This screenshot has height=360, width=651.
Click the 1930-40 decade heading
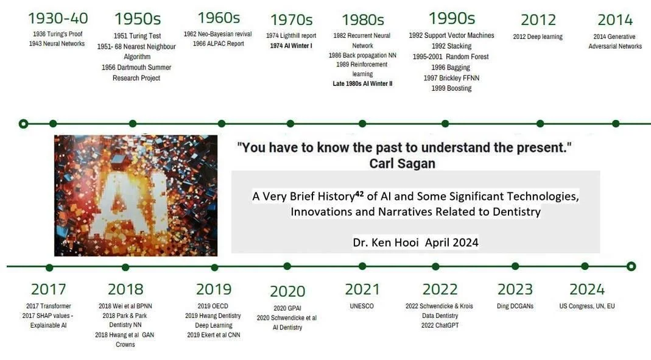[x=58, y=18]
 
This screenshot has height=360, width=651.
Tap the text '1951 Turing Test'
[x=137, y=36]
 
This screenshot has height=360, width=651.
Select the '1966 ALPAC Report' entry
[x=219, y=44]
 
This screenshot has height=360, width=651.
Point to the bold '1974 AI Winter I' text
[x=291, y=46]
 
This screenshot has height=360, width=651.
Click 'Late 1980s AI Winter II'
[x=362, y=83]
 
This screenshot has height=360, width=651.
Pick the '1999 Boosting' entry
[x=451, y=88]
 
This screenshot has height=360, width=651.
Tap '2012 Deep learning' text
[x=538, y=37]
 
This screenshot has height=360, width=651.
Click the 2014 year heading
[x=615, y=19]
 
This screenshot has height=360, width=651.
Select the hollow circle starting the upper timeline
[x=24, y=124]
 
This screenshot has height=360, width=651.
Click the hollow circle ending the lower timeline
[x=631, y=266]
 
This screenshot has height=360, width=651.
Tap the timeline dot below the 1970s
[x=290, y=124]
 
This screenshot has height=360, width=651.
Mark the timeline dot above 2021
[x=362, y=266]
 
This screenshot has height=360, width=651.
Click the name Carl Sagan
[x=403, y=164]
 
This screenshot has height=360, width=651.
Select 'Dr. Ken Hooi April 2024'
[x=415, y=242]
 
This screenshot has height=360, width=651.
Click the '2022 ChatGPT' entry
[x=440, y=325]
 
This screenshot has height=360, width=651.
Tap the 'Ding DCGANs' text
[x=515, y=306]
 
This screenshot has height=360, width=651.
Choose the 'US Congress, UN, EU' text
[x=586, y=306]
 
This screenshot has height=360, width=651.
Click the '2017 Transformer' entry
[x=49, y=306]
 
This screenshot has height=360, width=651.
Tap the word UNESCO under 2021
[x=362, y=306]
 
